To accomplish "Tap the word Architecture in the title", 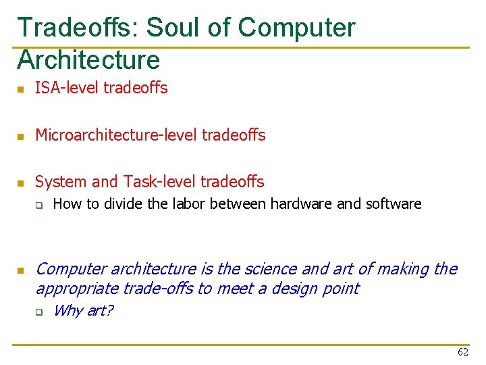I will [x=88, y=60].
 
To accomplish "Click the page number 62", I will [x=463, y=352].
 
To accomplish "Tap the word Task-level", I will [x=159, y=182].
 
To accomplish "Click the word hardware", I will [x=300, y=203].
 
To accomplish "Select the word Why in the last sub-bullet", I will [x=65, y=311].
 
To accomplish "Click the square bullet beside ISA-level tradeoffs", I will [x=20, y=89].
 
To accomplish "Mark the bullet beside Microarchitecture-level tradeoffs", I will [x=20, y=137].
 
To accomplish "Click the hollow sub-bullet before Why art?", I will [x=40, y=312].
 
